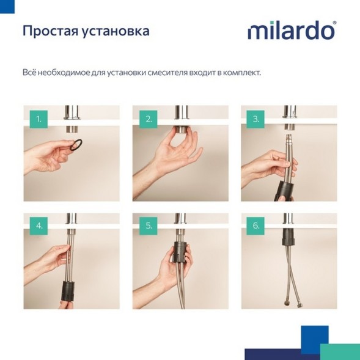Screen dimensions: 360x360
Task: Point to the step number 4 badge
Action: (x=38, y=226)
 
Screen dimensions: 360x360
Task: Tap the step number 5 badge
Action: (x=147, y=226)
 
